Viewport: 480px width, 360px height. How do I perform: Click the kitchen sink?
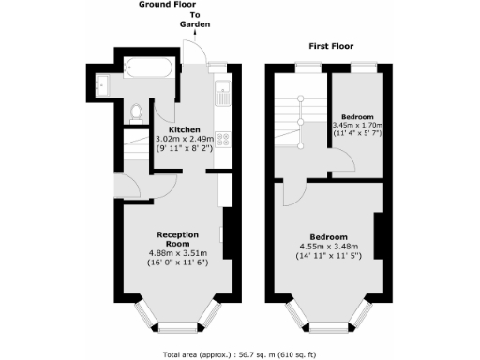pyautogui.click(x=222, y=94)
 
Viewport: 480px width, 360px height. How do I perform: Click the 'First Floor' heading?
pyautogui.click(x=333, y=45)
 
